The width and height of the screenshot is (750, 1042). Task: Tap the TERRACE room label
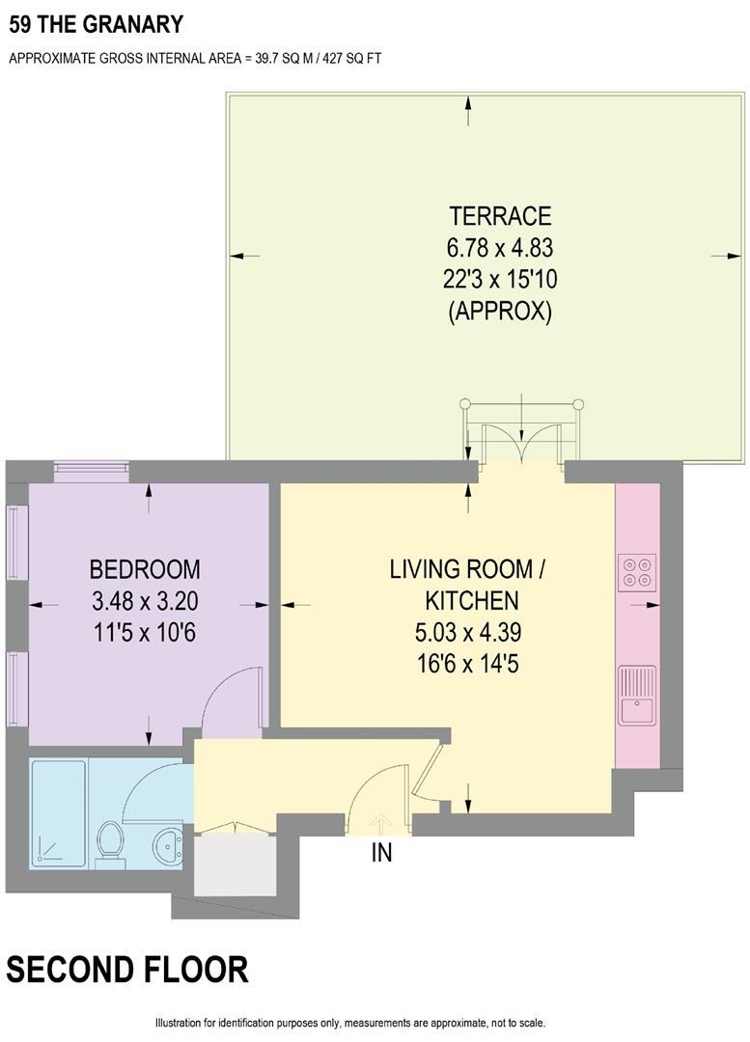click(499, 215)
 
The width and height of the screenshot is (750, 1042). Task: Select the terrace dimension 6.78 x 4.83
click(499, 247)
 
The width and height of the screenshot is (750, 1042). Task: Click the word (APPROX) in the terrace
click(499, 312)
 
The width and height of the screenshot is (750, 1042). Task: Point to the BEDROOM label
click(145, 568)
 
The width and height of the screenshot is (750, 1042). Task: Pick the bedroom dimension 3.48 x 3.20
click(145, 601)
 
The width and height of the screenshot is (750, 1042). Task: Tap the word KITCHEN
click(472, 601)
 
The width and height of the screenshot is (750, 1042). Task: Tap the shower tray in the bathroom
click(60, 812)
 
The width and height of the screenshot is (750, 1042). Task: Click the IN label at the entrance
click(382, 854)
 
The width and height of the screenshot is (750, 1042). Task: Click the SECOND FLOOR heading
click(127, 969)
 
